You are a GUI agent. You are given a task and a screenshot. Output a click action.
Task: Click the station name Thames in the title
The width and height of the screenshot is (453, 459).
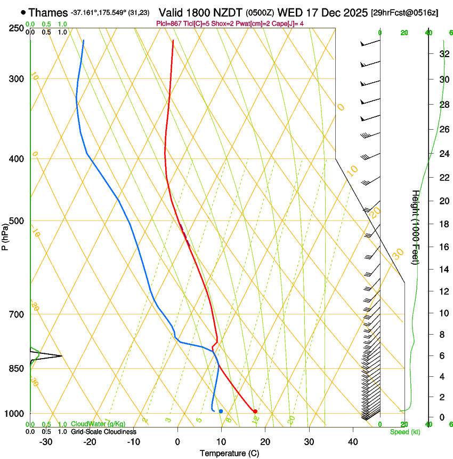pyautogui.click(x=48, y=12)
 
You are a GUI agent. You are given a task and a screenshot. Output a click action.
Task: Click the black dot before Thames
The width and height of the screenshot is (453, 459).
pyautogui.click(x=23, y=12)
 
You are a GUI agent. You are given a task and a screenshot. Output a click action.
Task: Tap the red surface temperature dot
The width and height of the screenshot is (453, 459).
pyautogui.click(x=255, y=411)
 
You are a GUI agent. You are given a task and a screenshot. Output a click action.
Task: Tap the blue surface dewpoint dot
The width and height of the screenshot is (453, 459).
pyautogui.click(x=221, y=411)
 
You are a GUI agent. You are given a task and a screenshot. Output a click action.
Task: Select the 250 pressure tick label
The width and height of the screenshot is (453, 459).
pyautogui.click(x=17, y=28)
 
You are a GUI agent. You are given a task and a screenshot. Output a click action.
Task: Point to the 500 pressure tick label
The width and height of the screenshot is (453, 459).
pyautogui.click(x=17, y=221)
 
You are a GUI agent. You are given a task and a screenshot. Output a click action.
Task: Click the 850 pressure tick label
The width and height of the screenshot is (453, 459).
pyautogui.click(x=17, y=368)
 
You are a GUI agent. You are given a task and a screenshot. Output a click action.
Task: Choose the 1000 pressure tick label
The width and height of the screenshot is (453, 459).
pyautogui.click(x=14, y=413)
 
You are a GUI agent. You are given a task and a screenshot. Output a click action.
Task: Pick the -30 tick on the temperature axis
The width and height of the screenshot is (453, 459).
pyautogui.click(x=46, y=442)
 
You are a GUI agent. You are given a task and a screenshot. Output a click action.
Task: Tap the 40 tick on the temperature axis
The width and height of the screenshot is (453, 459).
pyautogui.click(x=352, y=442)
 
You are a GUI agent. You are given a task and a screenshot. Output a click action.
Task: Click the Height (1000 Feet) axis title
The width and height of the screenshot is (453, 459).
pyautogui.click(x=416, y=227)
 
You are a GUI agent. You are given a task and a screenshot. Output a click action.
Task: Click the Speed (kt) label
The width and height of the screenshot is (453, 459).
pyautogui.click(x=402, y=431)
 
